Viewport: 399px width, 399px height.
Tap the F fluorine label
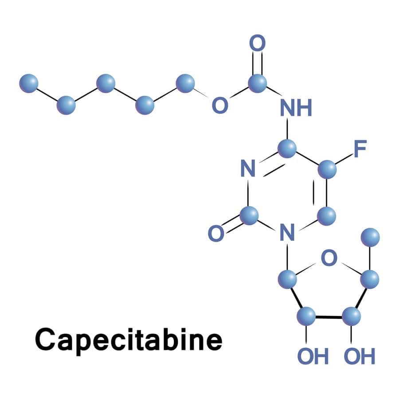360,149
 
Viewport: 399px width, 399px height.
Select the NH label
296,108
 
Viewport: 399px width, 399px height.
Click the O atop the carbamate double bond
257,43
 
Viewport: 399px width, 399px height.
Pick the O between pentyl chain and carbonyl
220,105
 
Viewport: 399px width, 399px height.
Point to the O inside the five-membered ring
329,258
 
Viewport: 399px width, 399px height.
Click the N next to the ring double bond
248,168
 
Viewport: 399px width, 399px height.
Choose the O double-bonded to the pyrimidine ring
216,234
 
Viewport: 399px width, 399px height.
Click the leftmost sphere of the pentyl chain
29,83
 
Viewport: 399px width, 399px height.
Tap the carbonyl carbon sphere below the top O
257,83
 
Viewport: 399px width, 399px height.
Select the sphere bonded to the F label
327,169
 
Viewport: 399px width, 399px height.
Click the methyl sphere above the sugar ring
370,238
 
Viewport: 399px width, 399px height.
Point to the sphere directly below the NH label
287,149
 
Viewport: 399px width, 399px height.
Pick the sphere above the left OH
306,316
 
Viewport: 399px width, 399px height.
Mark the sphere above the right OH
352,317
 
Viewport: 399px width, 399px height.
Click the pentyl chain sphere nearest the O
185,83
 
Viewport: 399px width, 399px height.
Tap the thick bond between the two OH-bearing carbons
329,317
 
